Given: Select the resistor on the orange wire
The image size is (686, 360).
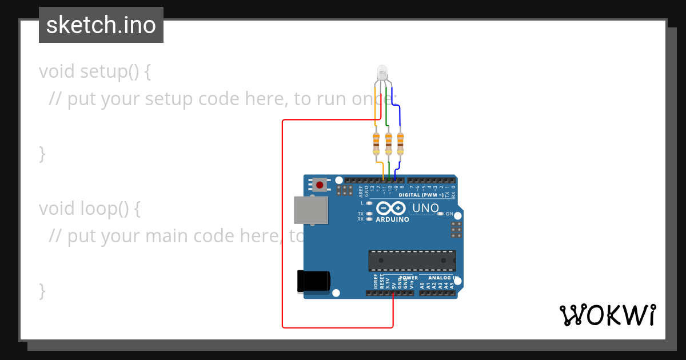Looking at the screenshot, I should click(x=376, y=143).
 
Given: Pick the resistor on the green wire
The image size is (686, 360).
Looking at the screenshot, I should click(x=388, y=143).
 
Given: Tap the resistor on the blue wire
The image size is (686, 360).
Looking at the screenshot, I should click(x=400, y=143).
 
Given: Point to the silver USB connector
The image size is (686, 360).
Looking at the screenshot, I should click(x=311, y=210).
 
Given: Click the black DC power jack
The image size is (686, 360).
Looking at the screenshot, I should click(x=313, y=281).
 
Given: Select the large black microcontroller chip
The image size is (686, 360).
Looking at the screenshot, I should click(x=412, y=260).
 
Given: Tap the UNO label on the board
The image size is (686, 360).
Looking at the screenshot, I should click(x=425, y=208).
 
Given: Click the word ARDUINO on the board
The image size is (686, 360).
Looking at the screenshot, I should click(x=392, y=219).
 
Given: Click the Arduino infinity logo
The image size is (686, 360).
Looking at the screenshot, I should click(x=391, y=209).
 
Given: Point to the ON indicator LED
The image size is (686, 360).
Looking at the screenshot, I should click(x=440, y=214).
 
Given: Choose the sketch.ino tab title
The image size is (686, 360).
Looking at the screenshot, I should click(x=101, y=25).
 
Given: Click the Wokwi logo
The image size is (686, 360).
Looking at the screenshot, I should click(x=607, y=315).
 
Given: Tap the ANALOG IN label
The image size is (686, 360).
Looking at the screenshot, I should click(x=444, y=278).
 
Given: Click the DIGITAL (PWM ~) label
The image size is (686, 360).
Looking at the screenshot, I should click(x=421, y=195).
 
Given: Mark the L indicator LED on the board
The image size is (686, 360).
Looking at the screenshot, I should click(x=369, y=203).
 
